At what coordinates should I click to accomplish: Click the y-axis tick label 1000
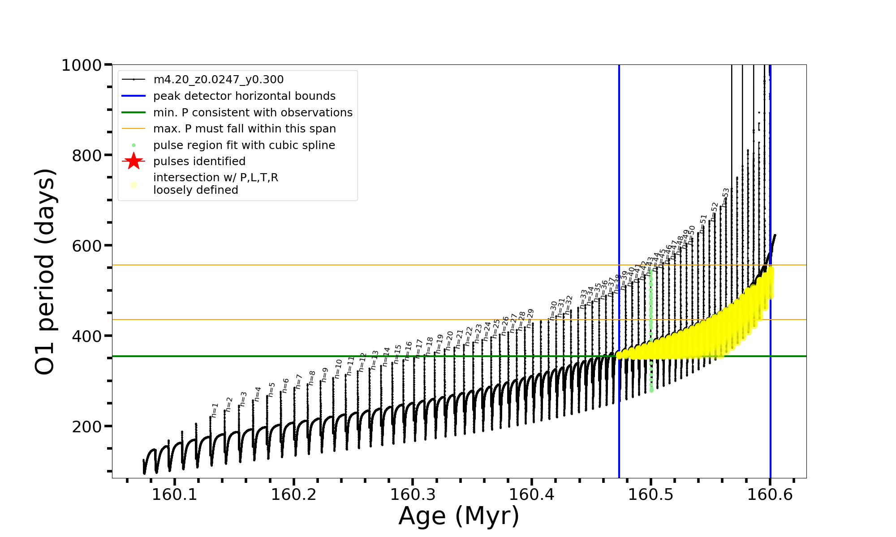[81, 66]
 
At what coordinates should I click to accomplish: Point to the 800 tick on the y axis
[86, 156]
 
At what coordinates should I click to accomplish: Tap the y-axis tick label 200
[86, 427]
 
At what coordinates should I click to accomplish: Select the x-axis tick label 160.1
[175, 495]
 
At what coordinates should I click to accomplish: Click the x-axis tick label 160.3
[413, 495]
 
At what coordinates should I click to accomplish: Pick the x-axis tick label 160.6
[770, 495]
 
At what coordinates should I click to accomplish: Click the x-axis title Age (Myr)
[459, 516]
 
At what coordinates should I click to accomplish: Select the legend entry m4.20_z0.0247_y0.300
[218, 80]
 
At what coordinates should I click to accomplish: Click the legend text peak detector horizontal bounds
[244, 96]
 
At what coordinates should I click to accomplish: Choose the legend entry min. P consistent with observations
[253, 113]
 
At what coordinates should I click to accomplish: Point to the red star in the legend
[134, 161]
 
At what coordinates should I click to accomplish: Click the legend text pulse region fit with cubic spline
[244, 145]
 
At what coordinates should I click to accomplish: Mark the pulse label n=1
[215, 410]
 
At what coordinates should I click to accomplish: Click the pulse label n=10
[338, 369]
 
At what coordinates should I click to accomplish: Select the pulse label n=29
[530, 318]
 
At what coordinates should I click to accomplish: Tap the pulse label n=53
[726, 197]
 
